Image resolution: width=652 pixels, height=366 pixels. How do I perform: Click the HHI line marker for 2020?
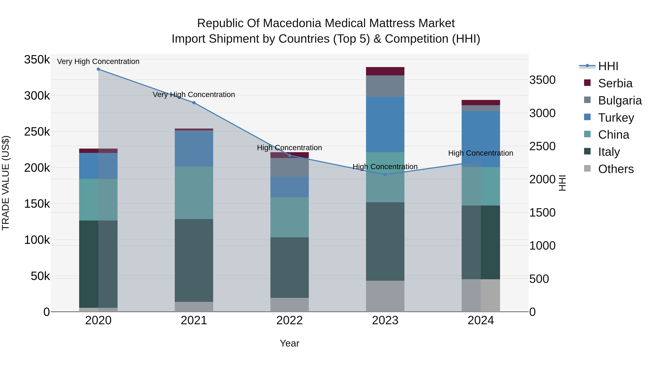tap(98, 69)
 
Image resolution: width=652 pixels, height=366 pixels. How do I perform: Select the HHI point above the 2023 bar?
tap(385, 175)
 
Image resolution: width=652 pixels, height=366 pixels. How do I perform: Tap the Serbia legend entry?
tap(615, 83)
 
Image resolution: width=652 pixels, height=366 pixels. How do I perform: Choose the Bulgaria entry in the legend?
tap(620, 100)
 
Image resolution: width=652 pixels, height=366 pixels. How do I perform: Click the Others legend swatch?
tap(587, 168)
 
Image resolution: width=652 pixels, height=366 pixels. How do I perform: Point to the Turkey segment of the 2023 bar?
tap(385, 124)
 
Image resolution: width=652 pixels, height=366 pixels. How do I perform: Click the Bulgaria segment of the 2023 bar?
tap(385, 86)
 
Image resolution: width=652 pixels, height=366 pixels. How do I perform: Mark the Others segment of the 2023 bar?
tap(385, 296)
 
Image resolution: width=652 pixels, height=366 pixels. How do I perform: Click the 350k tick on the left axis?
tap(37, 60)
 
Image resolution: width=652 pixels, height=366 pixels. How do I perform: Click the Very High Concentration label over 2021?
tap(194, 95)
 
